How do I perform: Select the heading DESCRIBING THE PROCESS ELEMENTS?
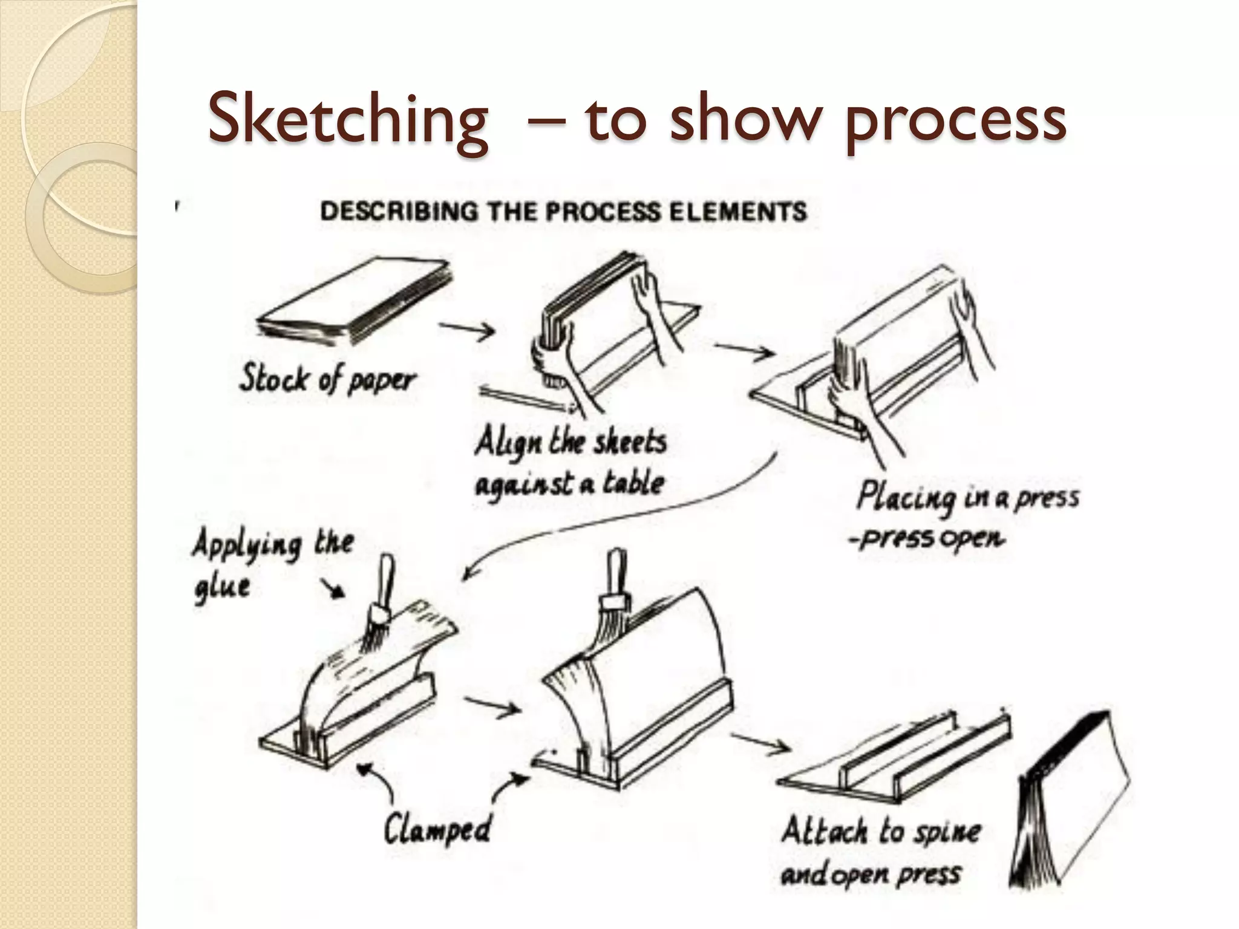(x=563, y=212)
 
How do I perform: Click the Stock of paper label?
(x=327, y=380)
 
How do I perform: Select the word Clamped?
(x=437, y=827)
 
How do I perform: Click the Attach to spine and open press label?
(x=880, y=852)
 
